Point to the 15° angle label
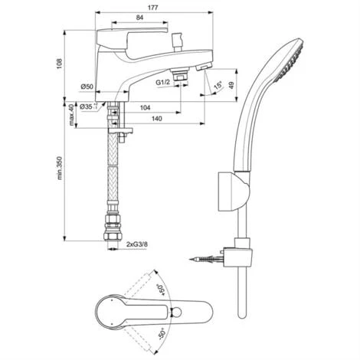pyautogui.click(x=218, y=86)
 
